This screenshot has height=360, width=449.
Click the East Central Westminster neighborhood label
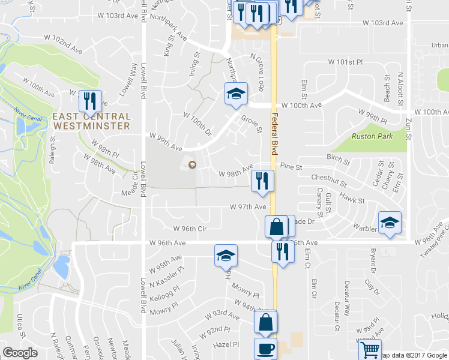[x=91, y=121]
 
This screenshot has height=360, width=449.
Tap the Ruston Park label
[x=372, y=136]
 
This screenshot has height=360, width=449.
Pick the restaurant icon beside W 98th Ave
[x=262, y=181]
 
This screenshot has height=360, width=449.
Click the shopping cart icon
[x=370, y=348]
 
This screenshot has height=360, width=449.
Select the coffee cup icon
[x=265, y=349]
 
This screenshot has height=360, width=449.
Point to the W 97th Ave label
[x=248, y=207]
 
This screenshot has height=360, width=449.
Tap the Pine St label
[x=289, y=166]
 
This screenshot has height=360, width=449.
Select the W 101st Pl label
[x=346, y=62]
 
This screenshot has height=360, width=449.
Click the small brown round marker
[x=192, y=165]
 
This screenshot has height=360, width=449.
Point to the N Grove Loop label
[x=257, y=71]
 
